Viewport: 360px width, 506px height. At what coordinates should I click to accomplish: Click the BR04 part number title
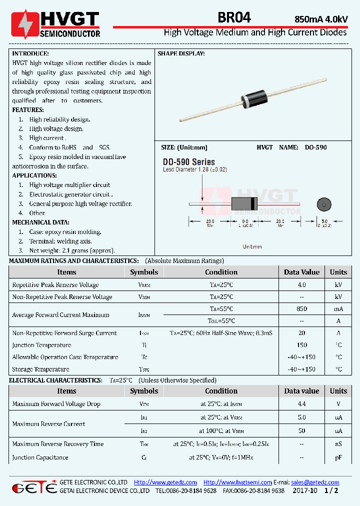point(234,18)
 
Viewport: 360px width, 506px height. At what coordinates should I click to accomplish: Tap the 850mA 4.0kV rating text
point(321,19)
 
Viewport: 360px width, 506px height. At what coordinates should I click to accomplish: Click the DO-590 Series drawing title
point(188,162)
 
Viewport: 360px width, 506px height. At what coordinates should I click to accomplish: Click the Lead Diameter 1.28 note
point(195,169)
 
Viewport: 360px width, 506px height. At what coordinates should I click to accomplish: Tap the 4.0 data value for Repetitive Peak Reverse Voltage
point(301,284)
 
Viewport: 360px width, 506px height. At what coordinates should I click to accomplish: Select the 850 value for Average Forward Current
point(301,309)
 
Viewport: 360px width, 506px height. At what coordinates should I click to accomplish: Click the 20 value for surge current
point(301,333)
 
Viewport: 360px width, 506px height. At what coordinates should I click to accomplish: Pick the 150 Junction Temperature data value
point(301,345)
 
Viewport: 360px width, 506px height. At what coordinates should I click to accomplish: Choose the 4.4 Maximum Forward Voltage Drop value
point(301,403)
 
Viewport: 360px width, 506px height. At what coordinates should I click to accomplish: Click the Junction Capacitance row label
point(40,457)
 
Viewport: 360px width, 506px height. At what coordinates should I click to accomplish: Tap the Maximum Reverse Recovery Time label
point(57,443)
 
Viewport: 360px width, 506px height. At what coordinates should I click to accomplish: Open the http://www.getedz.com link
point(165,482)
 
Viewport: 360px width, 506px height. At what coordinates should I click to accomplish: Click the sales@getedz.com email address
point(315,482)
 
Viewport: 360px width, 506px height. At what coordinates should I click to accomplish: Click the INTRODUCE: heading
point(30,53)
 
